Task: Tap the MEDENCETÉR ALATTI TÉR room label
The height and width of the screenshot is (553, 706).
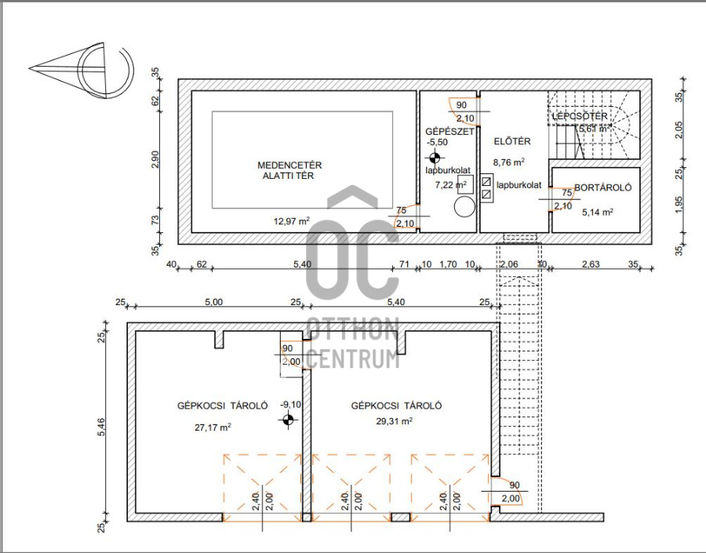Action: [289, 170]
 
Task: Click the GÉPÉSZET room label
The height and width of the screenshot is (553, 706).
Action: [449, 131]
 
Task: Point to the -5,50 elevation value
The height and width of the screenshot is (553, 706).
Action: [437, 143]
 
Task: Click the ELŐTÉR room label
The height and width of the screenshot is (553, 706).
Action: [513, 142]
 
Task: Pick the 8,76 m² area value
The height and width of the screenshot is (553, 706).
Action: [508, 162]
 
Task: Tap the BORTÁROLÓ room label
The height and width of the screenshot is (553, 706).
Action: [602, 188]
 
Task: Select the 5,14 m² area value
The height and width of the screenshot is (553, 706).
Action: [596, 211]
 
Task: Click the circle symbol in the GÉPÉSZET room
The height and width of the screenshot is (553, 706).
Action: [464, 206]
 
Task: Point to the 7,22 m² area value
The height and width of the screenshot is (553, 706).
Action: [450, 185]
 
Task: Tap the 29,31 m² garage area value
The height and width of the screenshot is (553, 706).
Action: [394, 420]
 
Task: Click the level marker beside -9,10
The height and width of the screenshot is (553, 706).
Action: [289, 421]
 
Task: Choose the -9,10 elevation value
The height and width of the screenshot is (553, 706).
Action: [291, 405]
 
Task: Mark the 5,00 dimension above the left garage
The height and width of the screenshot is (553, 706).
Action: [213, 301]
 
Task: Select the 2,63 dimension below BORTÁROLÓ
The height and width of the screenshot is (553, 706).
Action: [590, 264]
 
